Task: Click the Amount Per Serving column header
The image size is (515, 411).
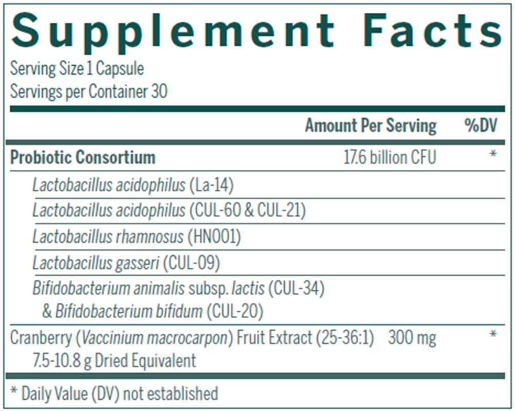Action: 370,126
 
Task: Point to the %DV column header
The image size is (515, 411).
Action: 481,126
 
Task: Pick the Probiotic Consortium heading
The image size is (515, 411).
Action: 82,157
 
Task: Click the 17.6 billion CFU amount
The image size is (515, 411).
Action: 389,157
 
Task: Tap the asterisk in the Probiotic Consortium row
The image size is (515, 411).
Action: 493,155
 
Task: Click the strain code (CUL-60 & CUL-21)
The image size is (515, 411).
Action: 247,211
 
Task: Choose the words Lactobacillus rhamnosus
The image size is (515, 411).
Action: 108,237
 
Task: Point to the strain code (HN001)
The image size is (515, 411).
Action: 215,237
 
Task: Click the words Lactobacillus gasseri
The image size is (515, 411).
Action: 95,263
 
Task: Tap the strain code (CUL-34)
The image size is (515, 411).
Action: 296,289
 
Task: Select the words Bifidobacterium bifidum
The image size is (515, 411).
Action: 129,311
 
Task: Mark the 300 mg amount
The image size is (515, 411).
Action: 412,338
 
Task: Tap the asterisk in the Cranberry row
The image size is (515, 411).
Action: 493,335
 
